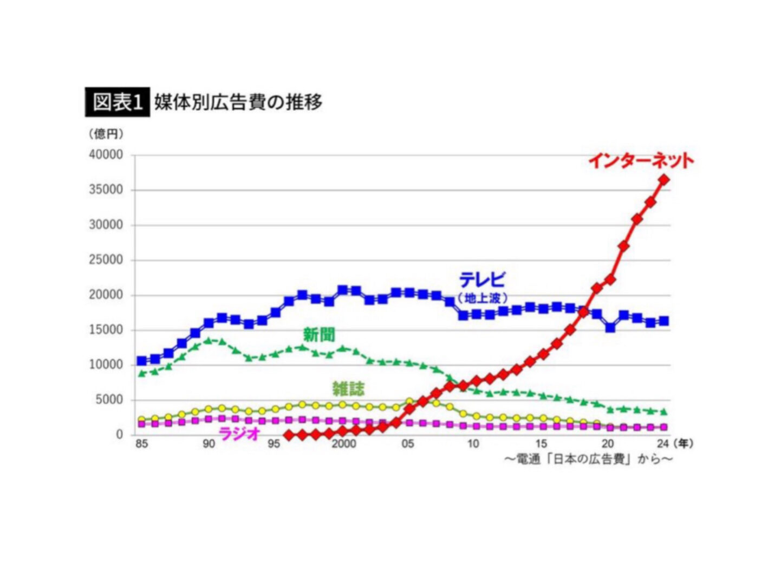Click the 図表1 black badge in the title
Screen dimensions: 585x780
117,102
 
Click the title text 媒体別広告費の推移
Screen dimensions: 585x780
238,102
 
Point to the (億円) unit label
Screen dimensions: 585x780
106,133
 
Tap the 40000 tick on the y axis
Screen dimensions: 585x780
106,155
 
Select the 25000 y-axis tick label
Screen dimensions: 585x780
106,260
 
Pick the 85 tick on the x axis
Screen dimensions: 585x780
141,444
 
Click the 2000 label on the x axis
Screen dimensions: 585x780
343,444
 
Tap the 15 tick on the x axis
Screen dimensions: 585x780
541,444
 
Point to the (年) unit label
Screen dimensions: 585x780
683,444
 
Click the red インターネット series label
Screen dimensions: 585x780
641,160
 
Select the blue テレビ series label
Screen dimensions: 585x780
482,279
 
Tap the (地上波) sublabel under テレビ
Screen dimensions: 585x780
482,298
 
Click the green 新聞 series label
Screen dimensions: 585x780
318,335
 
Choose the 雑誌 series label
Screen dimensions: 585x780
348,388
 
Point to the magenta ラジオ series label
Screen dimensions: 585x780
239,433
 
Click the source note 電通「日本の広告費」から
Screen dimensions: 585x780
588,459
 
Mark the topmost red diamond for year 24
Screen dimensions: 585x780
664,180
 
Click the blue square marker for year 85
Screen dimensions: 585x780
142,361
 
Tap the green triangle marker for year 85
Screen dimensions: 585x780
142,373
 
